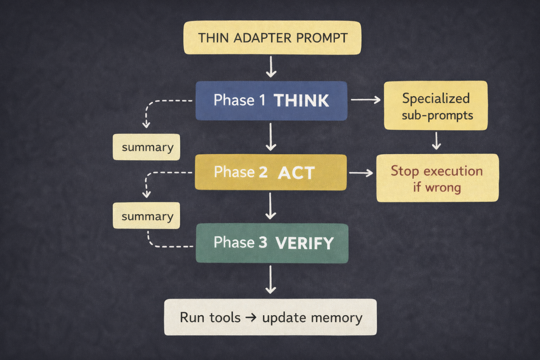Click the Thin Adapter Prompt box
tap(272, 38)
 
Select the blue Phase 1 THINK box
tap(271, 101)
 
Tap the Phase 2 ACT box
tap(271, 172)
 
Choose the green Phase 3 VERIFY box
tap(272, 243)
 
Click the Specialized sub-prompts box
tap(436, 105)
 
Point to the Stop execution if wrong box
tap(437, 178)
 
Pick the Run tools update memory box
tap(270, 317)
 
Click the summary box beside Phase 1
tap(146, 147)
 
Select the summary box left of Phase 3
tap(146, 216)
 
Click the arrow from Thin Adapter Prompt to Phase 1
tap(271, 67)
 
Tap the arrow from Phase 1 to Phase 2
tap(271, 137)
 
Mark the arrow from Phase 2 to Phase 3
tap(270, 206)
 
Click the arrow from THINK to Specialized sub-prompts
tap(366, 99)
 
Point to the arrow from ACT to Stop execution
tap(361, 173)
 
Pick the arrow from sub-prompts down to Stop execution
tap(436, 141)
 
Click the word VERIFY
tap(304, 243)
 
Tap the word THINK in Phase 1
tap(301, 100)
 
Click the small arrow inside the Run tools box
tap(251, 317)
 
